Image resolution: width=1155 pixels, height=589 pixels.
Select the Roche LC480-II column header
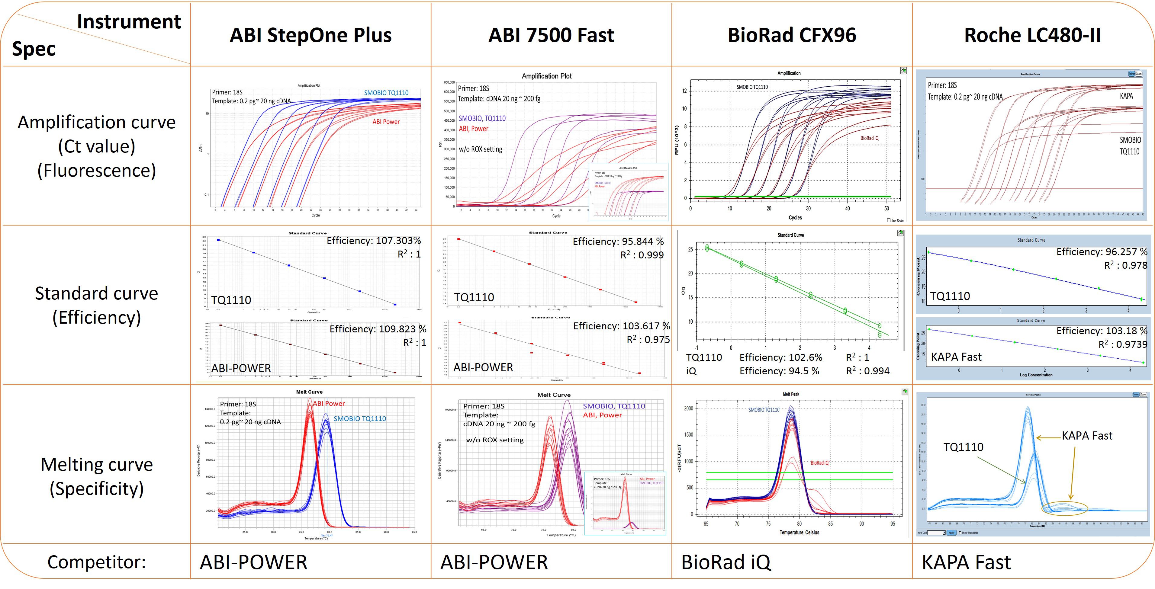coord(1032,35)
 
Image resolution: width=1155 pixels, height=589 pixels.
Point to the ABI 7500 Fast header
coord(551,35)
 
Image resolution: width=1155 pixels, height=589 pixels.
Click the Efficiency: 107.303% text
coord(374,241)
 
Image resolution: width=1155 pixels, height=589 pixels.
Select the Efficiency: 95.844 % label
coord(618,242)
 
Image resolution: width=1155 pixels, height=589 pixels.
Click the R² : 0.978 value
coord(1125,265)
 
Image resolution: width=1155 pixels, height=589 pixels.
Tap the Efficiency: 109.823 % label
coord(378,329)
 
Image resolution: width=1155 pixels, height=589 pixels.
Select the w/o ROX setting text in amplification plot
coord(480,149)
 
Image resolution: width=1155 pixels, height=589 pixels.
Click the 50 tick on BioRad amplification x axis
coord(886,208)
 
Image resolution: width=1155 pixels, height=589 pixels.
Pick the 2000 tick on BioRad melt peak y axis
coord(688,409)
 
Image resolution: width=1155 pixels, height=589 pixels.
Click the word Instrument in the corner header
coord(129,21)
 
